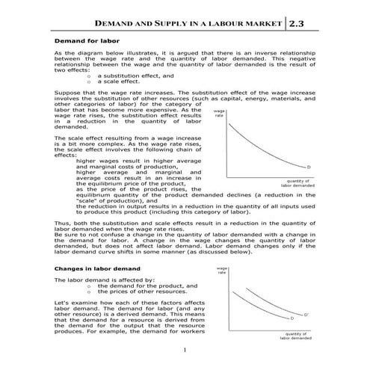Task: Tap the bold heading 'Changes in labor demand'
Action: click(x=92, y=267)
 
